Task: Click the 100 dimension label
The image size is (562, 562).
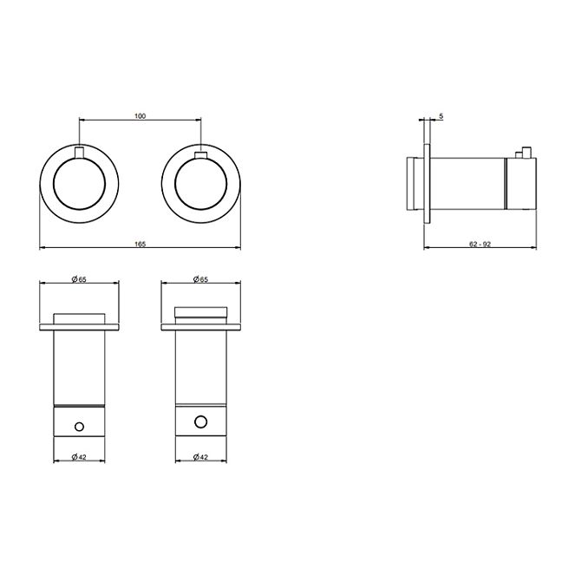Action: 140,116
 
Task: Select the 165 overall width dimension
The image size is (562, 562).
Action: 140,244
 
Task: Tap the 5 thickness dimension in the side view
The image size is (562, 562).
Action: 441,116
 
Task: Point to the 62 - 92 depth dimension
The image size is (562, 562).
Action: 480,244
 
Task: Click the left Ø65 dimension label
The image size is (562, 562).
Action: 79,279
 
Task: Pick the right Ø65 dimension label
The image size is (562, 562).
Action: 200,279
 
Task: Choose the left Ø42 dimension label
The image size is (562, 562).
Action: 79,457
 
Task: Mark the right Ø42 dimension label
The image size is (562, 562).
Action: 200,457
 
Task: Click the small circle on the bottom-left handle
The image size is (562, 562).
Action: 79,427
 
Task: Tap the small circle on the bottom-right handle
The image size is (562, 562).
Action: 200,421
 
